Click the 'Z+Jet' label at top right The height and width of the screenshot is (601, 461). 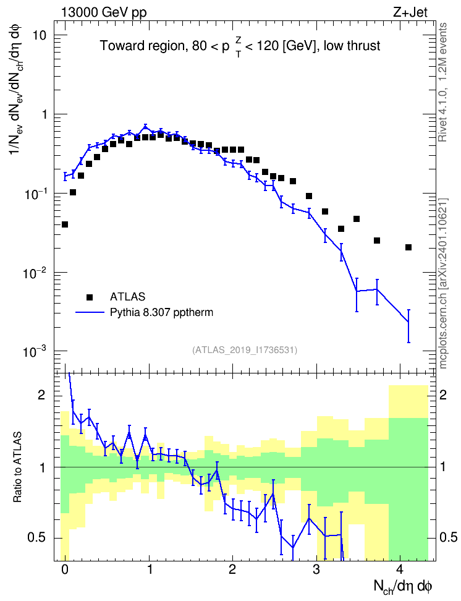point(410,12)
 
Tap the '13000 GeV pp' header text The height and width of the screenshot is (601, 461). point(103,12)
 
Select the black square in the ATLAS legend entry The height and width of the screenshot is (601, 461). point(89,297)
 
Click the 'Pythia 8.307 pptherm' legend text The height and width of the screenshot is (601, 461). point(161,312)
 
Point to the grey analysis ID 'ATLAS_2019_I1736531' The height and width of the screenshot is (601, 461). point(245,349)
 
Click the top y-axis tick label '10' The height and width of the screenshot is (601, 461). point(38,35)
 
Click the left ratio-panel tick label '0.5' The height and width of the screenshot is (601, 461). point(36,538)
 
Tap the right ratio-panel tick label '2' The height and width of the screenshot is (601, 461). point(443,395)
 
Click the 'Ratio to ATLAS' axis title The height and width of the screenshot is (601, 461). point(18,467)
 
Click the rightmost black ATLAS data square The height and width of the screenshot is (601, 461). point(408,247)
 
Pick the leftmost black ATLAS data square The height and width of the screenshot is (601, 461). point(65,224)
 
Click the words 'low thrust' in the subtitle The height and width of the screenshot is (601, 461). point(352,46)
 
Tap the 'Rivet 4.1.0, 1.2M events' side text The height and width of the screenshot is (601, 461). point(443,82)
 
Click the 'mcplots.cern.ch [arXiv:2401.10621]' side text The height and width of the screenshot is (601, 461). point(443,283)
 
